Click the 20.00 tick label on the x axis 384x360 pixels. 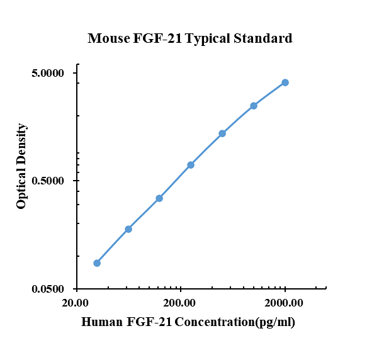[76, 303]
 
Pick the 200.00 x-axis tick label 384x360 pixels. [181, 303]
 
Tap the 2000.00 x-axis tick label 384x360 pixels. [285, 303]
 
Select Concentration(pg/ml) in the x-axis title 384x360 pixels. [235, 323]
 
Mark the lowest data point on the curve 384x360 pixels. [97, 263]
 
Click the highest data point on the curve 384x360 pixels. [285, 82]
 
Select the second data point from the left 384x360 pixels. [128, 229]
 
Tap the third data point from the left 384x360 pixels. [159, 198]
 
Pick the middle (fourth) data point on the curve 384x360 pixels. [191, 165]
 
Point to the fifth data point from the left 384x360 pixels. [222, 133]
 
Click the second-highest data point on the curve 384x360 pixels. [254, 106]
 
